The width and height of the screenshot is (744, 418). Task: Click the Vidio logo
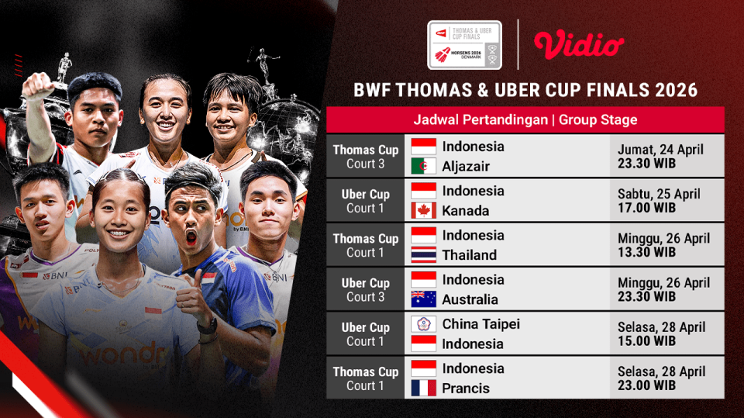point(579,44)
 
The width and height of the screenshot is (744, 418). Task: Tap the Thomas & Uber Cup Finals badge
point(465,44)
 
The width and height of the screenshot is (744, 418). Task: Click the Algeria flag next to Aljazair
point(423,166)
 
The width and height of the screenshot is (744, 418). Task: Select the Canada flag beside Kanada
point(423,210)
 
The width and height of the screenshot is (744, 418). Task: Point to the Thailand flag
point(423,254)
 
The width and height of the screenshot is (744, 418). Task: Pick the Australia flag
point(423,299)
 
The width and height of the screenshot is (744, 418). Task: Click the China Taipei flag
point(423,324)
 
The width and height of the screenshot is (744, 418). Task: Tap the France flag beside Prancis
point(423,388)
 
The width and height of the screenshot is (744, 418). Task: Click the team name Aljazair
point(466,166)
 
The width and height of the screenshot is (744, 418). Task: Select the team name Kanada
point(464,210)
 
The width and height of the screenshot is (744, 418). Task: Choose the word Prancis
point(466,388)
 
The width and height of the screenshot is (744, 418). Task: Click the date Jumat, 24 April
point(660,150)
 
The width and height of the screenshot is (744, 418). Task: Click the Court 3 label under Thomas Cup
point(366,164)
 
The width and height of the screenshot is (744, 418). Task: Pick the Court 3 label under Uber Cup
point(366,297)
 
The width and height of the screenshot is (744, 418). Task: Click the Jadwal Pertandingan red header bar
point(525,120)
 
